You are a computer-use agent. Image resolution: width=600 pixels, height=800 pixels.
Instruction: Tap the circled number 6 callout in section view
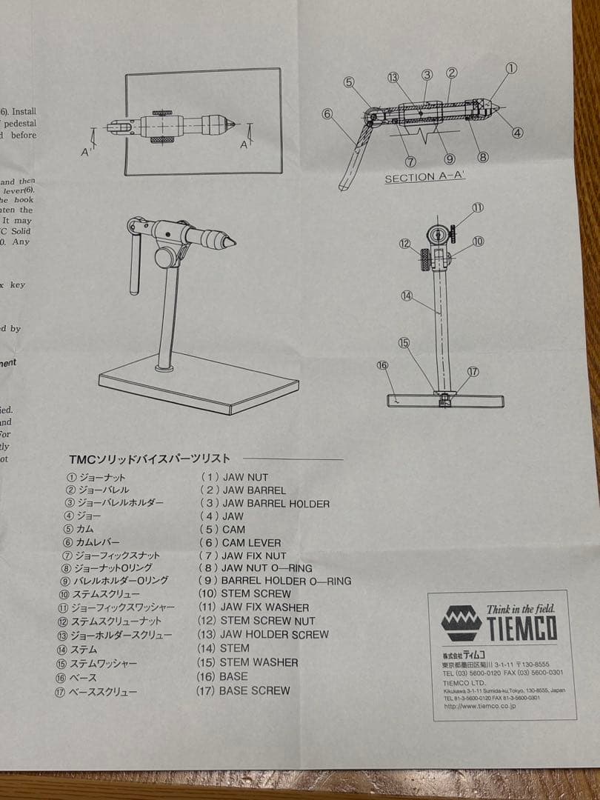pos(327,113)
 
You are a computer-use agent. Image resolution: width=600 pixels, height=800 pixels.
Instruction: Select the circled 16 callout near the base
pos(382,365)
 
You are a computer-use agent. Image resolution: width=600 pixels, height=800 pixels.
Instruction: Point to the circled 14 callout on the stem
pos(406,296)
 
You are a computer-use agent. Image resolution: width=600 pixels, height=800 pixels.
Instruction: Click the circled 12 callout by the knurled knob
pos(404,243)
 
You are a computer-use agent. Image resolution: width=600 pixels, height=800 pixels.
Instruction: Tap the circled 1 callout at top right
pos(511,68)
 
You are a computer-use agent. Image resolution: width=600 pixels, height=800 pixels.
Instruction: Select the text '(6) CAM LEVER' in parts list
pos(240,543)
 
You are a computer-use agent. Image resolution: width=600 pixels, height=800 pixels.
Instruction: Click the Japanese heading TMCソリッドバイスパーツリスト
pos(149,459)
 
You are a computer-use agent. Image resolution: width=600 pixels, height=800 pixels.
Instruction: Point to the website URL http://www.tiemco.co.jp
pos(479,706)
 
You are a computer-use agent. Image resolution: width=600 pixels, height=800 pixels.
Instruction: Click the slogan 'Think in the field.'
pos(520,609)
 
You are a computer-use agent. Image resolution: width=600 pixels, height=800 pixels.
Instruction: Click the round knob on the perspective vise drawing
pos(164,259)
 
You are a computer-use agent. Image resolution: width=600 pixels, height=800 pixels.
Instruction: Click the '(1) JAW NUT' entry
pos(234,477)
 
